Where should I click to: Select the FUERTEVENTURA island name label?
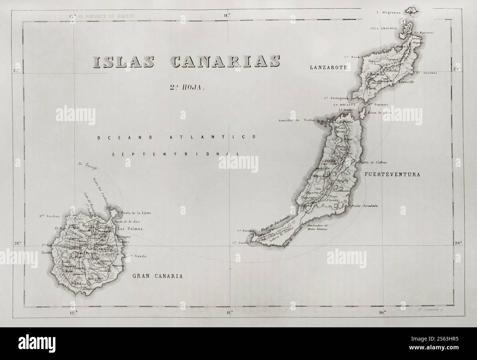pos(392,175)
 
